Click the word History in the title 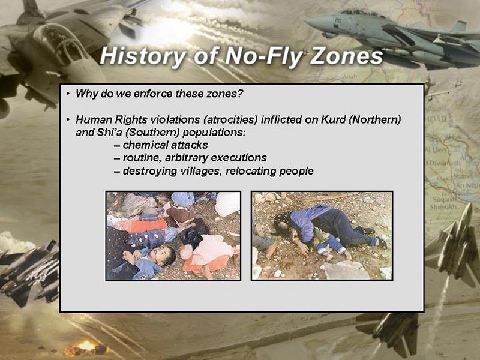[142, 56]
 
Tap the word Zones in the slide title [346, 56]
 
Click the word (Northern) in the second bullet [374, 119]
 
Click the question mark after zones [239, 94]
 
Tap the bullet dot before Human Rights [68, 119]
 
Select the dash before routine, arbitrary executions [116, 158]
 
